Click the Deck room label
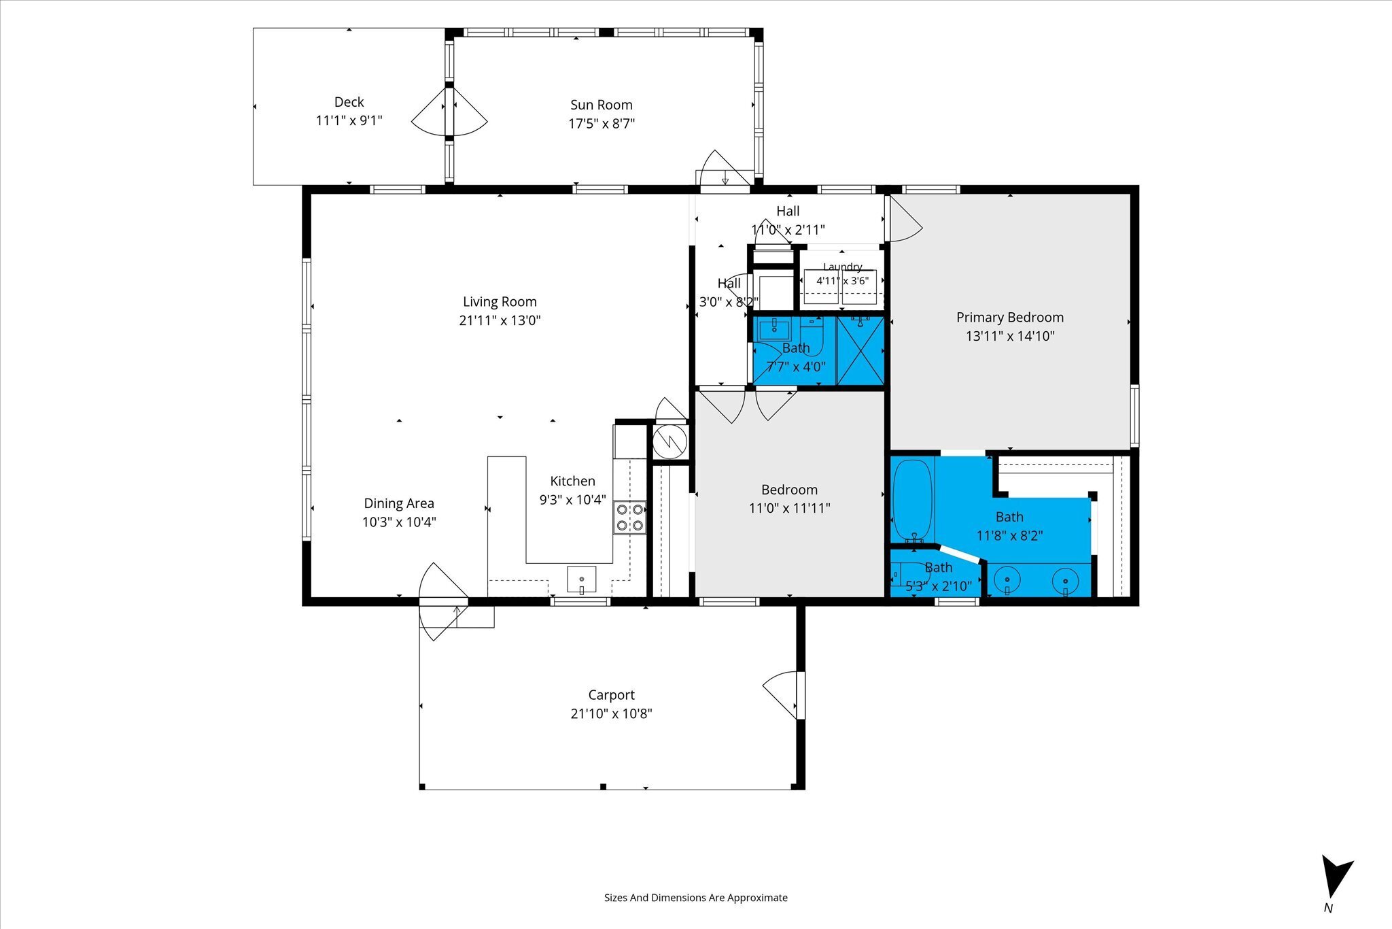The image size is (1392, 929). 349,102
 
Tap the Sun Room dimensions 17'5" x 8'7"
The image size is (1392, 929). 602,124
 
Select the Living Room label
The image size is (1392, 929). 500,302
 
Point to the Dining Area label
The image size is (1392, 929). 399,503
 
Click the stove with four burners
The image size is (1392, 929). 630,518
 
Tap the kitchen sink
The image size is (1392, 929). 582,579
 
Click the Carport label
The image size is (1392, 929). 611,695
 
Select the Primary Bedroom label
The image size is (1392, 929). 1010,318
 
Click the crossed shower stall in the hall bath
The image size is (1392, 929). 860,351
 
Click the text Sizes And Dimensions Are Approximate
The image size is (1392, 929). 696,898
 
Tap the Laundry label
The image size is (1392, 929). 843,267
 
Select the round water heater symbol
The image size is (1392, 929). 670,443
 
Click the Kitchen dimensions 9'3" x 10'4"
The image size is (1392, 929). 573,500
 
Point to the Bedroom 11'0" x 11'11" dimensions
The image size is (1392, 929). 789,508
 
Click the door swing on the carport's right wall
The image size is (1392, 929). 784,694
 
